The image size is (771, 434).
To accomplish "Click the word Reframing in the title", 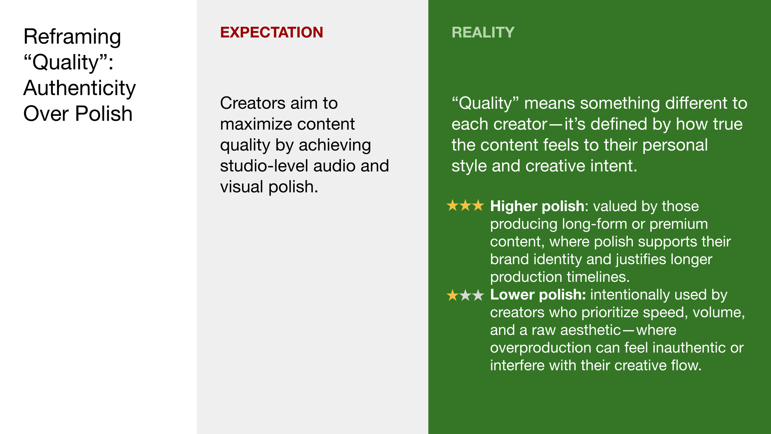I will point(72,37).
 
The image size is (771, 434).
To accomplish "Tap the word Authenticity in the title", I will point(79,88).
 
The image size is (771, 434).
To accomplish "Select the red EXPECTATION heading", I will point(271,32).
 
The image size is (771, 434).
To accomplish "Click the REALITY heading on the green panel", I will point(483,32).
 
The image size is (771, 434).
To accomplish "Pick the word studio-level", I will point(263,166).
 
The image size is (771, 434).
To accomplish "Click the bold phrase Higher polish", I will point(537,206).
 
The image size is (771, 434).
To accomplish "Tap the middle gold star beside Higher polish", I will point(465,206).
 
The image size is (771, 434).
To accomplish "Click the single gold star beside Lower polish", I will point(452,295).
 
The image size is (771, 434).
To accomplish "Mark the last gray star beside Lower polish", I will point(478,295).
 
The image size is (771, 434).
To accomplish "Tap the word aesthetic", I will point(590,330).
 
